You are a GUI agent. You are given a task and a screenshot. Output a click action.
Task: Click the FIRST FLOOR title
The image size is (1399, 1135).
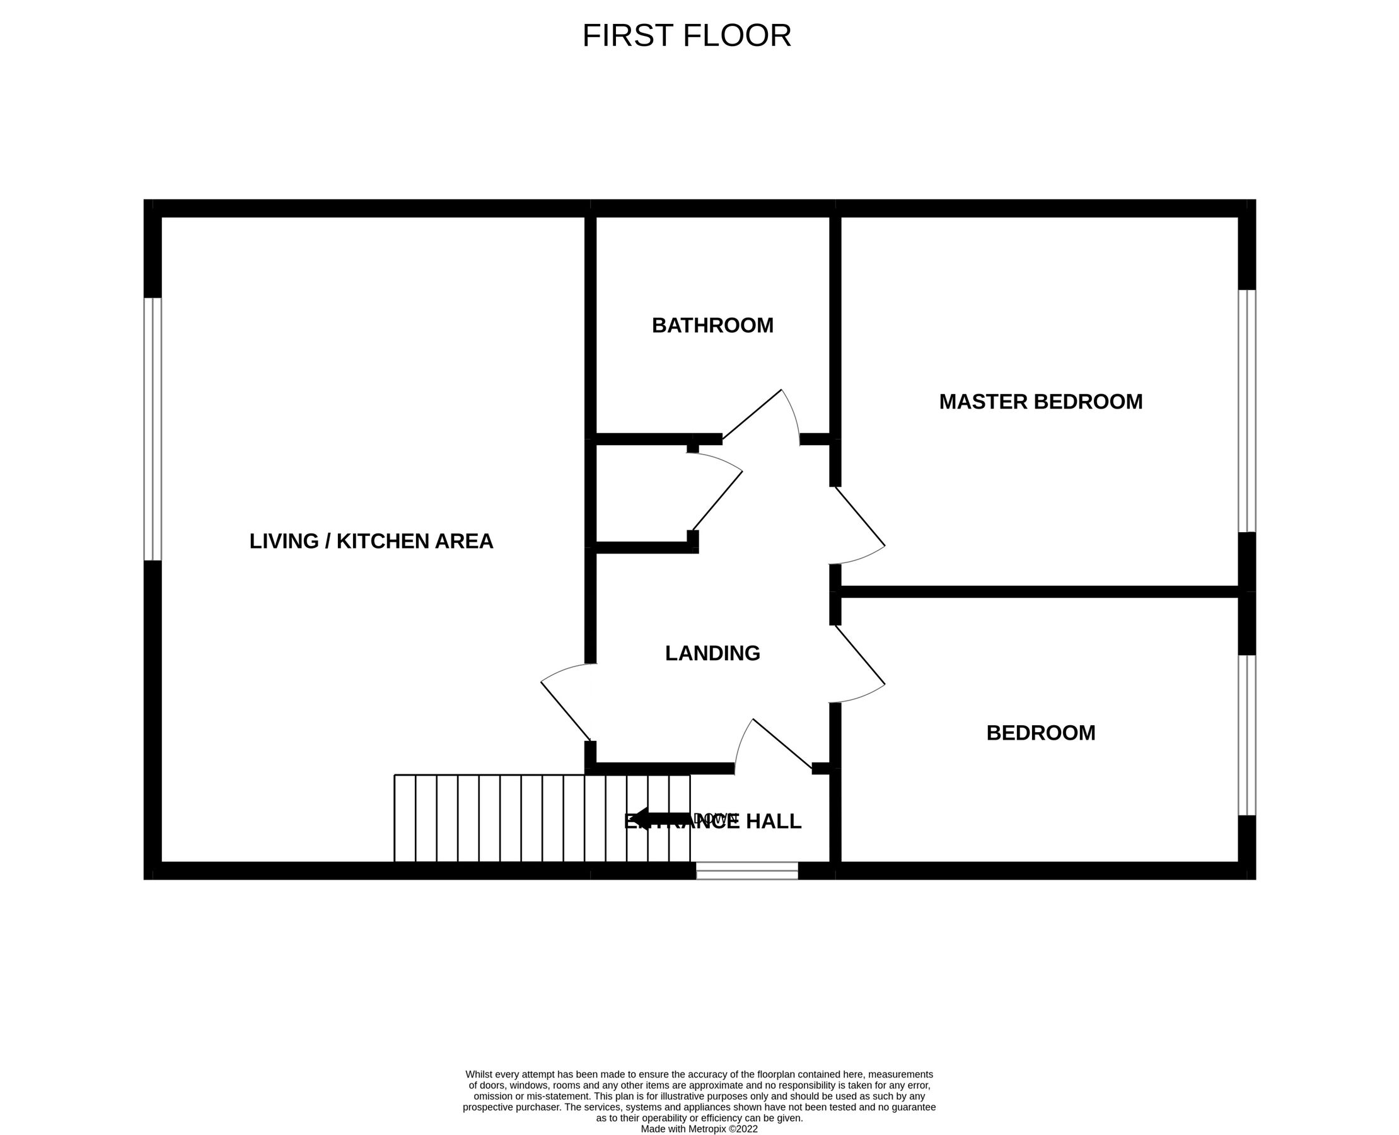(687, 36)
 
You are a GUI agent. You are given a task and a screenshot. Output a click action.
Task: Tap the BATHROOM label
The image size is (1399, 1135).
(712, 325)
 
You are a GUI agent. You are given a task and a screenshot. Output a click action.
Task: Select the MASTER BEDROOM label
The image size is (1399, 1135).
(1041, 402)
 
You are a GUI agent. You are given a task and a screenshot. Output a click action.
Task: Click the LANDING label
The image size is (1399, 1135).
(712, 653)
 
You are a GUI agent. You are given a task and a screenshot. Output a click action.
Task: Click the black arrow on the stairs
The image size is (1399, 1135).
(660, 818)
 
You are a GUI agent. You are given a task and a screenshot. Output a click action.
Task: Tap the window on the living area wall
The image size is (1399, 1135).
(153, 429)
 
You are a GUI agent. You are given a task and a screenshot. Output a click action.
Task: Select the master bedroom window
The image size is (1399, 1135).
(1246, 410)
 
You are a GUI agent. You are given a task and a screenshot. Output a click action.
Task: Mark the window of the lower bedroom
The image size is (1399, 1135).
(1246, 735)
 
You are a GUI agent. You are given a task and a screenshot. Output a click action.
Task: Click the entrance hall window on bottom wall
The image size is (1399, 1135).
(746, 870)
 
